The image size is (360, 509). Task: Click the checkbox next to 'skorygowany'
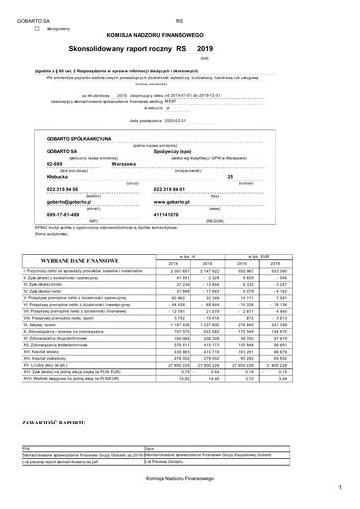click(38, 31)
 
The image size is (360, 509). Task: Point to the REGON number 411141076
click(200, 214)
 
